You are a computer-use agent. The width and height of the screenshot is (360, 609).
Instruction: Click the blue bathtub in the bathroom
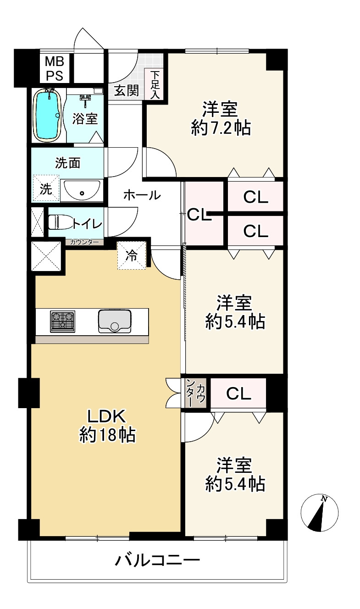(47, 115)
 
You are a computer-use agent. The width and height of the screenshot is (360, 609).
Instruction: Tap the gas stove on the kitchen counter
(62, 321)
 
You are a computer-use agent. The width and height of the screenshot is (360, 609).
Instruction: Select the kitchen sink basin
(115, 321)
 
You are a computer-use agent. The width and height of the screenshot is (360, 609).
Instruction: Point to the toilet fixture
(61, 222)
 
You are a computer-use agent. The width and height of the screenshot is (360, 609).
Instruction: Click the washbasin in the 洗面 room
(82, 190)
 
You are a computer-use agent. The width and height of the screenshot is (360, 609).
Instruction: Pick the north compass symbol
(320, 513)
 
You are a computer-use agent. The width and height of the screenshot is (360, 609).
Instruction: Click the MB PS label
(55, 69)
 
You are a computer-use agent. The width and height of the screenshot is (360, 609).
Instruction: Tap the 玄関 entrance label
(127, 90)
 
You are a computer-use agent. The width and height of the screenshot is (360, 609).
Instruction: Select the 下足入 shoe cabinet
(155, 84)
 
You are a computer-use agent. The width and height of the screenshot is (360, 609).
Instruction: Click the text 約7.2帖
(221, 128)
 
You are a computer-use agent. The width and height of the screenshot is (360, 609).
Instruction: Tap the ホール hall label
(142, 195)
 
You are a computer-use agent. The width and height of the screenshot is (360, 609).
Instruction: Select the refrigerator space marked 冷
(132, 255)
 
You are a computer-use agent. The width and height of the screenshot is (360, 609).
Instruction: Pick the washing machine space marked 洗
(46, 188)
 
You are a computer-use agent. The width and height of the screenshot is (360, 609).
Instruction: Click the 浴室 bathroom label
(85, 119)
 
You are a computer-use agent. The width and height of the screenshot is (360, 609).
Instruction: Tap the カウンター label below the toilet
(84, 242)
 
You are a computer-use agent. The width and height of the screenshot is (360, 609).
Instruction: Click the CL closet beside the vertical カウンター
(238, 393)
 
